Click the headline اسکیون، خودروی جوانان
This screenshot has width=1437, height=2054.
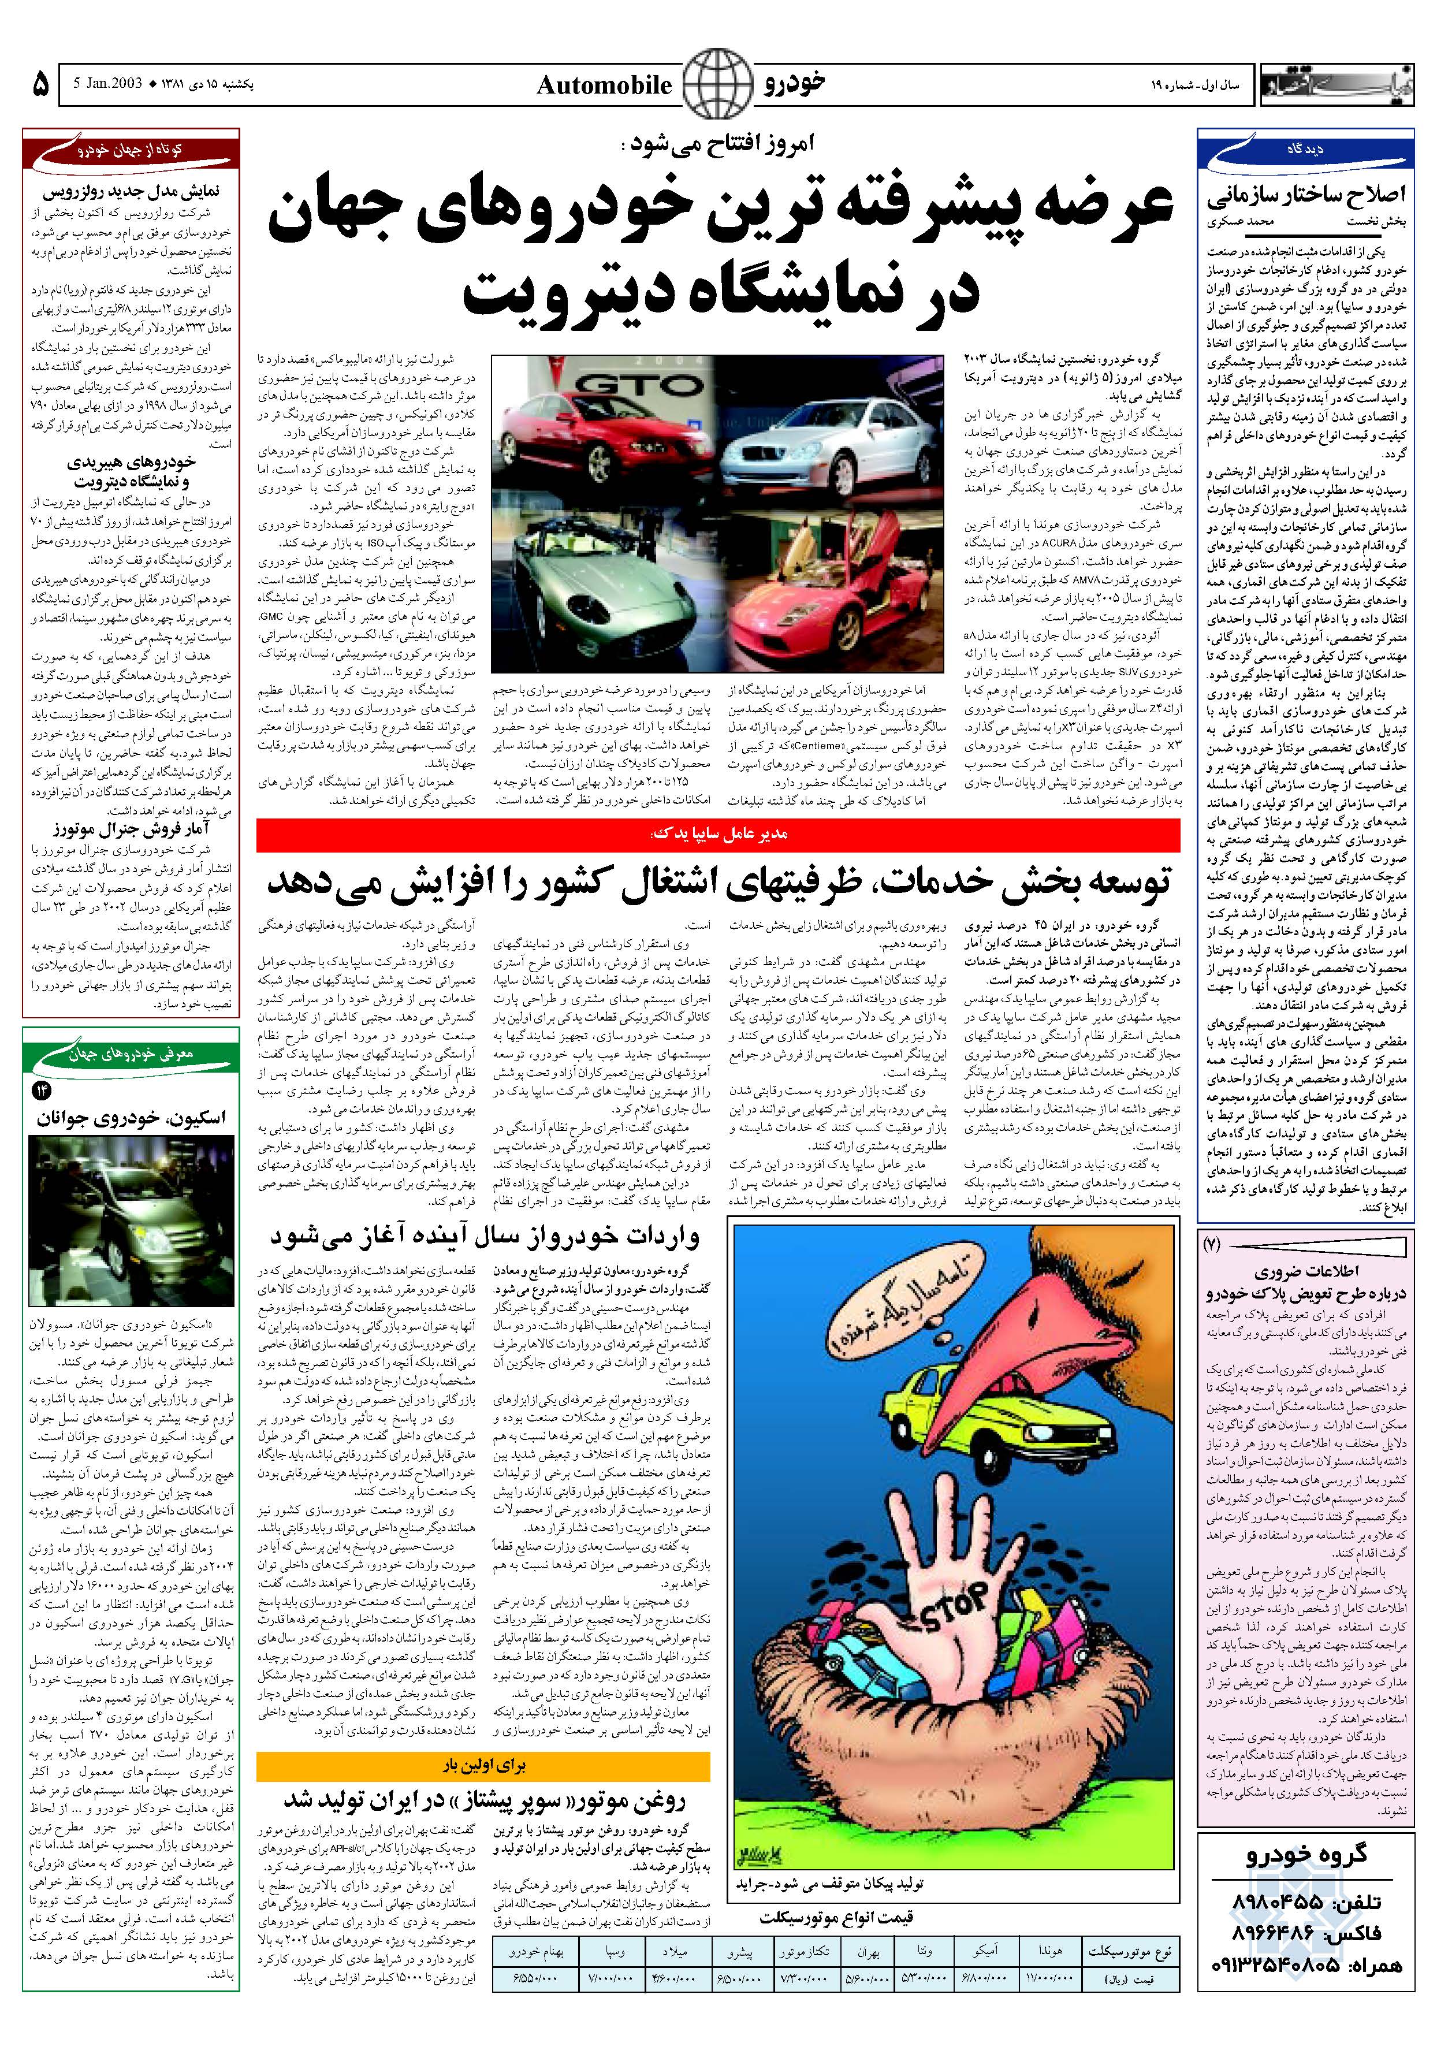pyautogui.click(x=132, y=1117)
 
